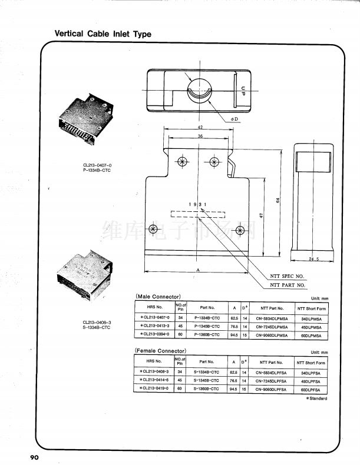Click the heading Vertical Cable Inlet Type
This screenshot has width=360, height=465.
(x=103, y=34)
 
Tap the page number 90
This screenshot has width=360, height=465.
(x=31, y=457)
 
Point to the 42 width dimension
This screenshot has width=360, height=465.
(x=200, y=128)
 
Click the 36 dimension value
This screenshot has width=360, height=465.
(x=200, y=136)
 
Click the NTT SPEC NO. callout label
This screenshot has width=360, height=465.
(x=287, y=275)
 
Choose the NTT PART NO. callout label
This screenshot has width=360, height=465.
(x=288, y=285)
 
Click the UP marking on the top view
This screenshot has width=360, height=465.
(x=242, y=89)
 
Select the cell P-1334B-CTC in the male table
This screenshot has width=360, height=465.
(x=207, y=317)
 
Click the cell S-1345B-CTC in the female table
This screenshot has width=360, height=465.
(x=207, y=381)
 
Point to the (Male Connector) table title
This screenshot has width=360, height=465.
(x=158, y=295)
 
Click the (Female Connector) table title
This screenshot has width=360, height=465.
(x=161, y=351)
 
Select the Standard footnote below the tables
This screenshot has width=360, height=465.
(x=316, y=398)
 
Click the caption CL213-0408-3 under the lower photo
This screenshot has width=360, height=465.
(x=97, y=323)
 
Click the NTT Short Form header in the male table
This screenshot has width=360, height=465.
(x=312, y=308)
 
